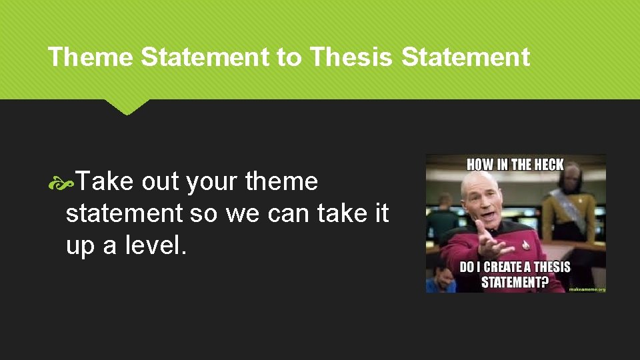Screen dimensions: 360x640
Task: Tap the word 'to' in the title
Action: (289, 57)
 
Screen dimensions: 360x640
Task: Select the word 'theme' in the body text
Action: (281, 181)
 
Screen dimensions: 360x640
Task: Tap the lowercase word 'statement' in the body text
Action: (124, 213)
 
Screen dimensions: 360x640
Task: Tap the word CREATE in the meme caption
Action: (501, 267)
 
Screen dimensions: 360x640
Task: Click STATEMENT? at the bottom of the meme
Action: (515, 282)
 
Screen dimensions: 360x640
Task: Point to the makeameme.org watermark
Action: (587, 289)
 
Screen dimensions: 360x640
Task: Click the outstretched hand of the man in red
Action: (490, 244)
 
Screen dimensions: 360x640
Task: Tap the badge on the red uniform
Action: (525, 245)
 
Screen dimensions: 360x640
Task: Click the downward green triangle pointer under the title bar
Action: (127, 107)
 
